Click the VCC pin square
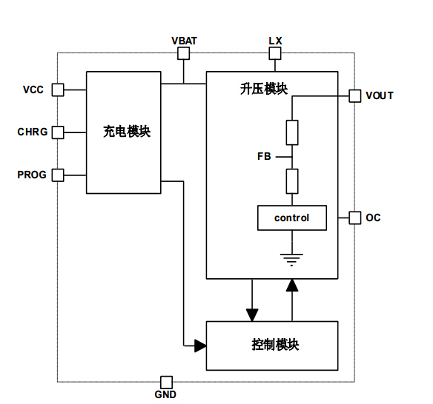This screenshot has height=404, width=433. (x=58, y=90)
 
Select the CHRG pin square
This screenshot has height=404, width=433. (x=58, y=132)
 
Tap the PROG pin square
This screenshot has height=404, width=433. (x=58, y=175)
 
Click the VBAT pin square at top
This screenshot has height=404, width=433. (x=184, y=53)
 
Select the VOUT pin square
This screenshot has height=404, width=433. (x=354, y=95)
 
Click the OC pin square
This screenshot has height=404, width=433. (x=354, y=218)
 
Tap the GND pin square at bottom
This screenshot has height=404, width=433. (x=166, y=382)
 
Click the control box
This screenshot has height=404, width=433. (x=291, y=218)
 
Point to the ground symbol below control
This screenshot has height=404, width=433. (x=291, y=259)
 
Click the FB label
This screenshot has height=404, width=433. (x=264, y=156)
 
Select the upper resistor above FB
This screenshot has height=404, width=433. (x=291, y=132)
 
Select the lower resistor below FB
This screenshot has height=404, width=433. (x=291, y=181)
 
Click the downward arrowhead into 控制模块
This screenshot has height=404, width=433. (x=254, y=314)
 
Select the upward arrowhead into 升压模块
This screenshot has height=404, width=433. (x=292, y=286)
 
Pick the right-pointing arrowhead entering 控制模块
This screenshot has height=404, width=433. (x=199, y=346)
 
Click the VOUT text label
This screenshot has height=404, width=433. (x=380, y=96)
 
